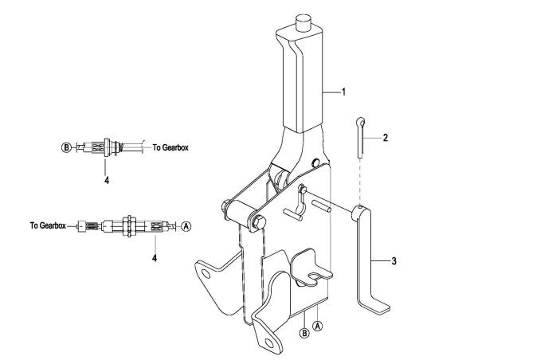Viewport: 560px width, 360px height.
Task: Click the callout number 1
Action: click(x=343, y=92)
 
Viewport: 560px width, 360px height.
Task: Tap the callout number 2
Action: click(x=386, y=138)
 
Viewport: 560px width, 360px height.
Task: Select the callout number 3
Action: click(x=394, y=261)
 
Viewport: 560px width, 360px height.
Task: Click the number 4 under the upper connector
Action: click(x=107, y=180)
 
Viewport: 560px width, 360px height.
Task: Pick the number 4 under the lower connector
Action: click(x=155, y=257)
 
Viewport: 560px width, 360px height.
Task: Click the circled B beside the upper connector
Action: click(x=66, y=147)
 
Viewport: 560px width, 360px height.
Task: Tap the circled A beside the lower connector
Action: click(x=186, y=226)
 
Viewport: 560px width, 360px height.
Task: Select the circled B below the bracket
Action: click(x=304, y=333)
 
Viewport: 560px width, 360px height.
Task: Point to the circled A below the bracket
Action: click(x=318, y=326)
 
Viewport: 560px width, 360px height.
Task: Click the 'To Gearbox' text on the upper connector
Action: click(x=170, y=147)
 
